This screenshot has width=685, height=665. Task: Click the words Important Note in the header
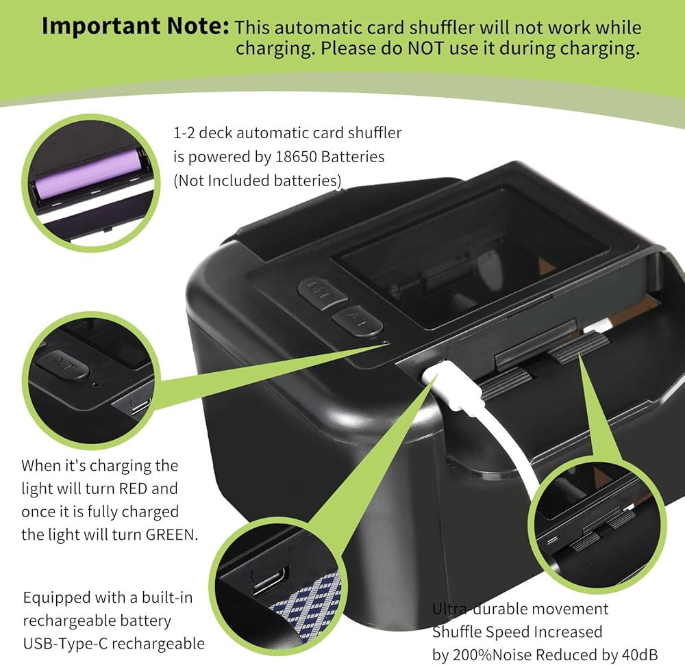click(x=135, y=26)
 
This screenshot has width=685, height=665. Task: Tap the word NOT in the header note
click(x=421, y=49)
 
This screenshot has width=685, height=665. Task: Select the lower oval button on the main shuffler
click(x=356, y=322)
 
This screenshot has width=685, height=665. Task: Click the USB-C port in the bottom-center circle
click(x=269, y=578)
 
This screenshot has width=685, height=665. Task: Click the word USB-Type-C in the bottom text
click(x=65, y=644)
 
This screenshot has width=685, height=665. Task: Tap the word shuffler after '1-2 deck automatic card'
click(x=375, y=133)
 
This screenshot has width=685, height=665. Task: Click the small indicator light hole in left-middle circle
click(x=96, y=384)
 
